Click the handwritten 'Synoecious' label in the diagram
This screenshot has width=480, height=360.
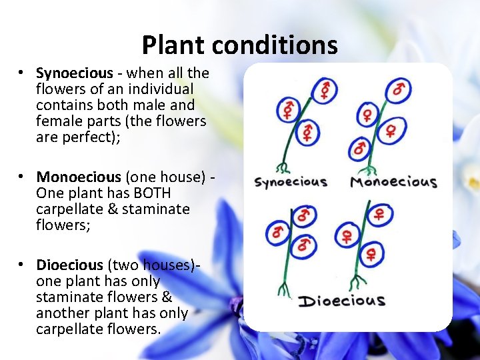[x=291, y=181]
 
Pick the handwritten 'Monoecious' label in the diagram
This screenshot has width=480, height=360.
[x=393, y=181]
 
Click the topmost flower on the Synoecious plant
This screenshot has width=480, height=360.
[x=325, y=89]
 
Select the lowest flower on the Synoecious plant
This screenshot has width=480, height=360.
[x=307, y=132]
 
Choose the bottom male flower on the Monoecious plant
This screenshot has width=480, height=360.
[x=361, y=148]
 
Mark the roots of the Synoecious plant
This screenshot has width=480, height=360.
[x=285, y=167]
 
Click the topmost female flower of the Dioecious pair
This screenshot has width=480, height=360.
[x=378, y=214]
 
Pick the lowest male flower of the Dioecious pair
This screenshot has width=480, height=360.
[x=305, y=245]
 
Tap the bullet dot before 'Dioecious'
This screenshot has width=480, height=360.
[x=22, y=265]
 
